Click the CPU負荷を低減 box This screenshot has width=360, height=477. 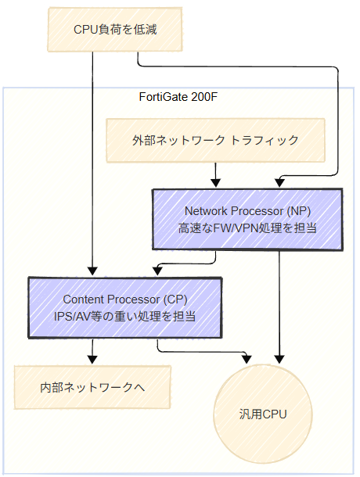tap(115, 30)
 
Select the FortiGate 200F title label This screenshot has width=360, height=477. tap(178, 97)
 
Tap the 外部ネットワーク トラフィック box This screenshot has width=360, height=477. tap(215, 140)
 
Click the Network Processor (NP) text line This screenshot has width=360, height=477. tap(247, 211)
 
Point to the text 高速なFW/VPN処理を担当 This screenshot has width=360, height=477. tap(247, 228)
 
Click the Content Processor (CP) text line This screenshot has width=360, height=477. tap(125, 299)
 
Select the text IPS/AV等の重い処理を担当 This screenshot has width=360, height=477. tap(125, 317)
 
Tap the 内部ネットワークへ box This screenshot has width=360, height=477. tap(92, 387)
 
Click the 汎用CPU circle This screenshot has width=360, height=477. tap(263, 414)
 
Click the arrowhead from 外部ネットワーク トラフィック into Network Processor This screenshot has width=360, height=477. tap(216, 183)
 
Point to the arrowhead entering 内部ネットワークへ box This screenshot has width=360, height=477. tap(92, 360)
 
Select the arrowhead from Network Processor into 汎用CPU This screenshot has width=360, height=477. tap(279, 359)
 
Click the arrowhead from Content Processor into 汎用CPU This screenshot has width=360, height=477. tap(247, 358)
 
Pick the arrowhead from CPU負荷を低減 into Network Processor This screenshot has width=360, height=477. tap(279, 183)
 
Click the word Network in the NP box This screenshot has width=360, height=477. tap(206, 211)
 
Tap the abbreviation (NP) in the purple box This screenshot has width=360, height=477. tap(299, 211)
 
